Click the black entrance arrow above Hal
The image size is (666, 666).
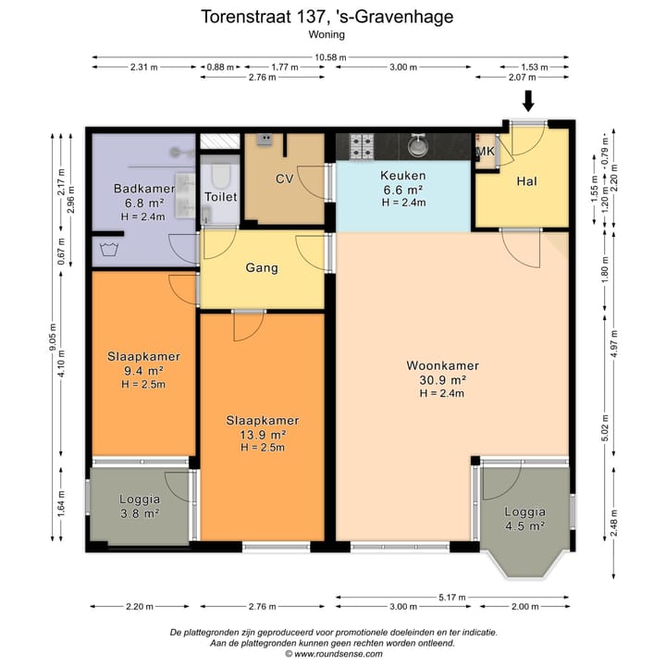tap(528, 101)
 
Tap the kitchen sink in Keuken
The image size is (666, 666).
tap(418, 144)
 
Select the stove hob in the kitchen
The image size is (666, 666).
tap(362, 146)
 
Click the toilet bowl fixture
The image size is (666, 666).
tap(220, 176)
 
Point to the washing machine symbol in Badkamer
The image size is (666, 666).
tap(109, 250)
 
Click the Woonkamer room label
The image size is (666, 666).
tap(442, 365)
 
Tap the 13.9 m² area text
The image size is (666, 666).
tap(263, 435)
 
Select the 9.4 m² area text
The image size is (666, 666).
tap(143, 371)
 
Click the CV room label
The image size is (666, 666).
tap(284, 179)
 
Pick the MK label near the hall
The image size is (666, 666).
tap(486, 151)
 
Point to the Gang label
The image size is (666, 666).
tap(262, 268)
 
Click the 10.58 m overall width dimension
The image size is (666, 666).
tap(330, 57)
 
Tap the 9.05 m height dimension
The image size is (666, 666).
tap(53, 338)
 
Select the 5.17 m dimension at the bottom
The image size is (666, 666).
tap(452, 598)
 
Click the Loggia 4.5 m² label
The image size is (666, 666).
tap(525, 519)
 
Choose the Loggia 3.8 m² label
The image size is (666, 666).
tap(140, 506)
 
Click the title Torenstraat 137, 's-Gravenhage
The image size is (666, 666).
tap(327, 17)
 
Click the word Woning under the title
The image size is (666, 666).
tap(327, 34)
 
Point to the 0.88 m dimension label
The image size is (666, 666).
tap(220, 68)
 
